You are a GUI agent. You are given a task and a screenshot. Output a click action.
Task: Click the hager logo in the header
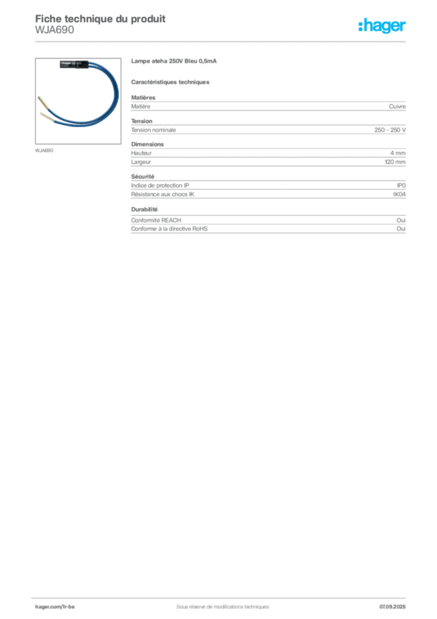point(382,25)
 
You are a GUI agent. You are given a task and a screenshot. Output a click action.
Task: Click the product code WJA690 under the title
point(54,30)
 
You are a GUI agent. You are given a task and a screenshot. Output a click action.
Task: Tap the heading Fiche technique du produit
point(100,19)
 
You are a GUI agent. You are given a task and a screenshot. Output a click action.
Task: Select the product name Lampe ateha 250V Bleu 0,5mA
point(174,61)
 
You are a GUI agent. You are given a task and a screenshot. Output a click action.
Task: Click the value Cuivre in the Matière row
point(397,106)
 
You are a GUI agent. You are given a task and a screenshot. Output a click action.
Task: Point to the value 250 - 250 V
point(390,130)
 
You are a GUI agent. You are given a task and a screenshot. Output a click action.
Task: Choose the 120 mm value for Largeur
point(395,162)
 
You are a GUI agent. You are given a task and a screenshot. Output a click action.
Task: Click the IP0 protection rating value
point(401,186)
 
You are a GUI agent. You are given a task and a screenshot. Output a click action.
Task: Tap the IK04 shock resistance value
point(399,194)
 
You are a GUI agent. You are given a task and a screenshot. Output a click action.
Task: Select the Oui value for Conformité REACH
point(401,220)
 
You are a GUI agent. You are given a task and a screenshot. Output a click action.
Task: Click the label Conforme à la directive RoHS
point(170,229)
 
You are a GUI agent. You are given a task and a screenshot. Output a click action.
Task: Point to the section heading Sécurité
point(142,177)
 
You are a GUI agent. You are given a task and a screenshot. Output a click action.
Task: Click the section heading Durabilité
point(144,209)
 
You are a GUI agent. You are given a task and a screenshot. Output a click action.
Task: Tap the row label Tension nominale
point(154,130)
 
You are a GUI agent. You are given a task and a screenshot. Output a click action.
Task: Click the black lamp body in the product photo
point(74,64)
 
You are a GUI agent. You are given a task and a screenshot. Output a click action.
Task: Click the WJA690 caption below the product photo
point(44,151)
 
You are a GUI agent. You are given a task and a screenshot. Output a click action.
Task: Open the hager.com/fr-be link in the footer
point(55,607)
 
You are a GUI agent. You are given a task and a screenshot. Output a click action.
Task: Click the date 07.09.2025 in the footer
point(392,607)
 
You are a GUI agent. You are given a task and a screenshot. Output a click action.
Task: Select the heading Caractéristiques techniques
point(170,82)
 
